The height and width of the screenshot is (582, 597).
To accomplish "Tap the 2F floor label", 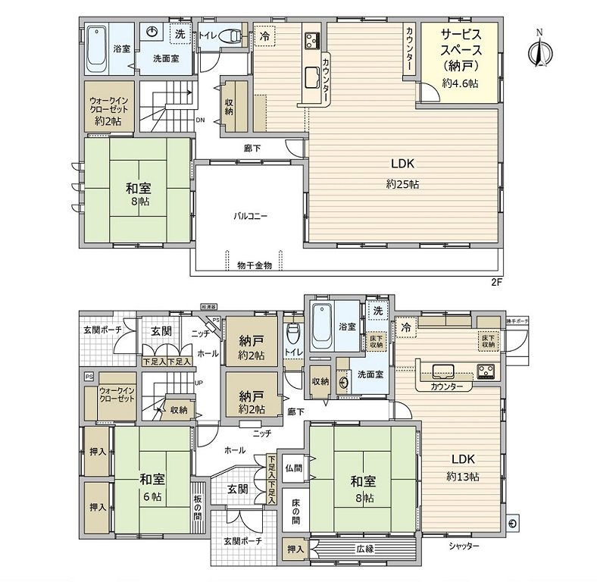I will point(498,282).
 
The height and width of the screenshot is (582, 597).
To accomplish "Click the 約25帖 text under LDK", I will point(402,184).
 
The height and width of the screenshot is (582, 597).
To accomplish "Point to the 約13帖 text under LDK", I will point(463,477).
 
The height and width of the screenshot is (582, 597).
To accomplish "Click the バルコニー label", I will point(249,216).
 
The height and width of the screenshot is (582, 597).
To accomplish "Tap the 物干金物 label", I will point(254,265).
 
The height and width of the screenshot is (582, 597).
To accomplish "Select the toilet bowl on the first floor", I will point(292,336).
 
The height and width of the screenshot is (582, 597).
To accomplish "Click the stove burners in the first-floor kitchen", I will point(485,371).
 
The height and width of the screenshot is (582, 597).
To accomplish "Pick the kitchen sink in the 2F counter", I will point(313,76).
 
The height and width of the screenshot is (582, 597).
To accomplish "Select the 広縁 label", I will point(364,548).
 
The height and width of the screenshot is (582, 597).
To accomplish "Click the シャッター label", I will point(462,546).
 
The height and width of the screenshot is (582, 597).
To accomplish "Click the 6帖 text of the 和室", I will point(152,496).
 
